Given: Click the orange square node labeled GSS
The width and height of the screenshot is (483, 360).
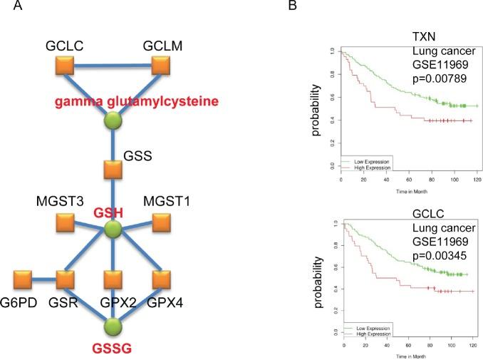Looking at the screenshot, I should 113,170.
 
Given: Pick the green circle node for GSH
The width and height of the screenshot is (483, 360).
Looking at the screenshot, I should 113,230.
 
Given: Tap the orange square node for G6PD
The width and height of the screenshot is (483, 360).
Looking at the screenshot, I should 22,276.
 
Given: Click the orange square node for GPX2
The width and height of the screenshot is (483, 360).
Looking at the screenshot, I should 113,276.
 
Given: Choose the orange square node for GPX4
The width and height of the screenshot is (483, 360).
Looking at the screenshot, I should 162,276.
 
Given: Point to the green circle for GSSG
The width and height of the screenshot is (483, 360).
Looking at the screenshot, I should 113,324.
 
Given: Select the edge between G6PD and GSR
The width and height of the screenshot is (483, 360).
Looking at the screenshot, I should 43,276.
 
